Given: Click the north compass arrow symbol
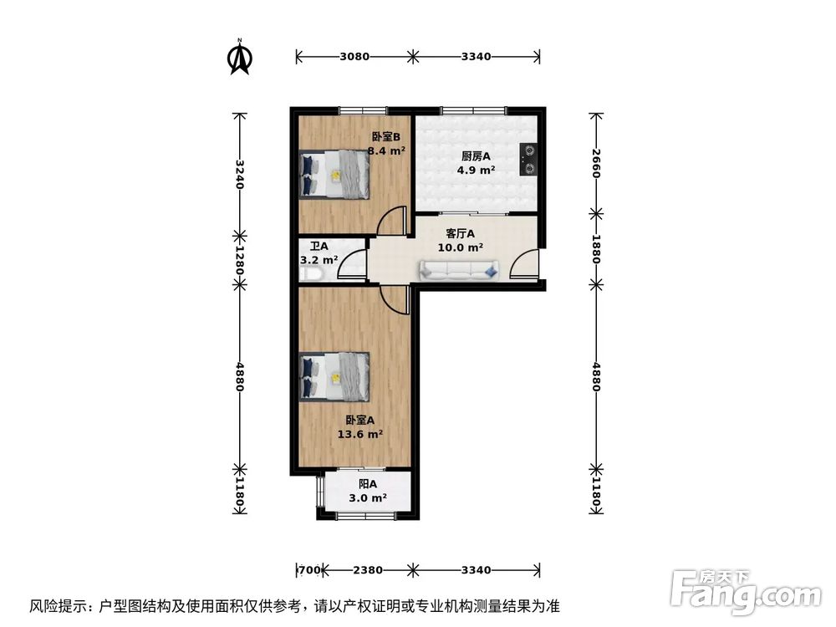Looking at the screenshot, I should pos(240,57).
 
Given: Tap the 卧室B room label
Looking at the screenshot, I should pos(386,137).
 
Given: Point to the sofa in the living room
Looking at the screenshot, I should pos(460,269).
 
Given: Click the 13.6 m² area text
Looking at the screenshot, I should pos(359,434).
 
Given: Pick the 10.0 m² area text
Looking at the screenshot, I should pos(461,247).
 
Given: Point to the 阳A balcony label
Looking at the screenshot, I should pos(368,484).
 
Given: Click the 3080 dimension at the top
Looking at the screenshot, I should pos(354,57).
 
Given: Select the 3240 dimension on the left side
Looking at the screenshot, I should pos(240,175).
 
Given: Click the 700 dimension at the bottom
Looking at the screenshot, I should pos(310,570).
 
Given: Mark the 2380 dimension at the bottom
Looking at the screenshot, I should pos(368,570).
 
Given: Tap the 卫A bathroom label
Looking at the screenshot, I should pos(319,247).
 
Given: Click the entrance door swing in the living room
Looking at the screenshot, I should pos(525,263).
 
